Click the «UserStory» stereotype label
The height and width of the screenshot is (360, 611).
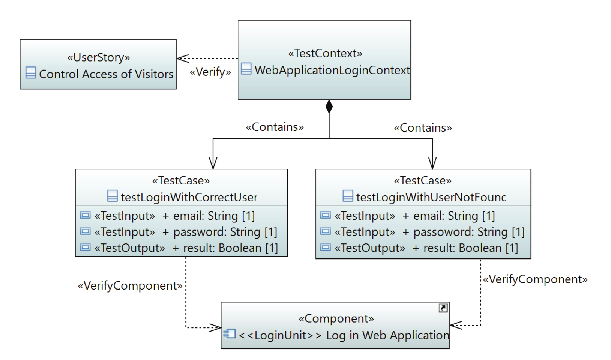(99, 57)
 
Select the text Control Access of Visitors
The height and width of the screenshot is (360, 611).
(106, 74)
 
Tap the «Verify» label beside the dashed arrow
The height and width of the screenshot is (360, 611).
(210, 72)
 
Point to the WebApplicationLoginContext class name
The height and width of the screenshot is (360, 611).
(332, 70)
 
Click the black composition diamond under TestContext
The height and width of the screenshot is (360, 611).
(329, 107)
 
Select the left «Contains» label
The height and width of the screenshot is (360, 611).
(275, 127)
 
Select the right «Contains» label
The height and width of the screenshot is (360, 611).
(423, 128)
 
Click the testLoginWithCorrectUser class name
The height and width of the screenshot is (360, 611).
(189, 197)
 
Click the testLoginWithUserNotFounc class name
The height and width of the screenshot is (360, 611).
(431, 197)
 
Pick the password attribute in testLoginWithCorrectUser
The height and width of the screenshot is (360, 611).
(225, 232)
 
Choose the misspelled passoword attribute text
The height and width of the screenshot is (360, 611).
(469, 232)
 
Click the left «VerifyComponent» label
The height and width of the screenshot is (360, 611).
(130, 286)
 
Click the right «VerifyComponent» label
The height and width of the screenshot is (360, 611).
(535, 279)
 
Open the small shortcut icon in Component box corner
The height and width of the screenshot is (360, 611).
(443, 308)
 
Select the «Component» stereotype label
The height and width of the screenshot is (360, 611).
(336, 319)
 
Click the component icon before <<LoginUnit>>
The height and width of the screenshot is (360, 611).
(229, 333)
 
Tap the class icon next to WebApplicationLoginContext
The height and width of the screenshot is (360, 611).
(246, 69)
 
